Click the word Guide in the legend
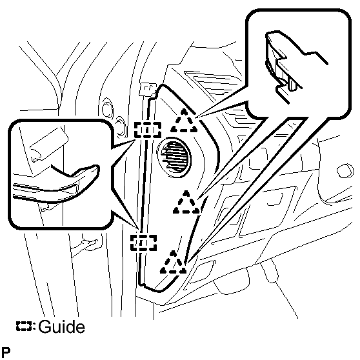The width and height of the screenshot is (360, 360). click(61, 326)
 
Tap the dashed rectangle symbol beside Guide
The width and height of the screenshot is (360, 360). click(24, 326)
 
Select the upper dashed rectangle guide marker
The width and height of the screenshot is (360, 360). click(148, 130)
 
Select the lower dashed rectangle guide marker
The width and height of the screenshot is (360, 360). click(143, 243)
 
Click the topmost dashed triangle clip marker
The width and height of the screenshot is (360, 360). click(184, 121)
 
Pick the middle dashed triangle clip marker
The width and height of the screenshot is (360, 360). click(186, 203)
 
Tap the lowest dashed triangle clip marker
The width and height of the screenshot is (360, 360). click(173, 263)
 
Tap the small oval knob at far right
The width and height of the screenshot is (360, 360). click(346, 170)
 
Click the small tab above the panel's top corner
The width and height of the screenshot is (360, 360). click(149, 88)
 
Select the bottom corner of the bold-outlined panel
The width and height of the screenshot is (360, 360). click(161, 292)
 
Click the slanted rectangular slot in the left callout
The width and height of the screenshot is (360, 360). click(49, 144)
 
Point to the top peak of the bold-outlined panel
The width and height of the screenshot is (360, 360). click(163, 85)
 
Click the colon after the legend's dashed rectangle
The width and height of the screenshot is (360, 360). click(34, 326)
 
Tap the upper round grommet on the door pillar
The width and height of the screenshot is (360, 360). click(106, 109)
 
